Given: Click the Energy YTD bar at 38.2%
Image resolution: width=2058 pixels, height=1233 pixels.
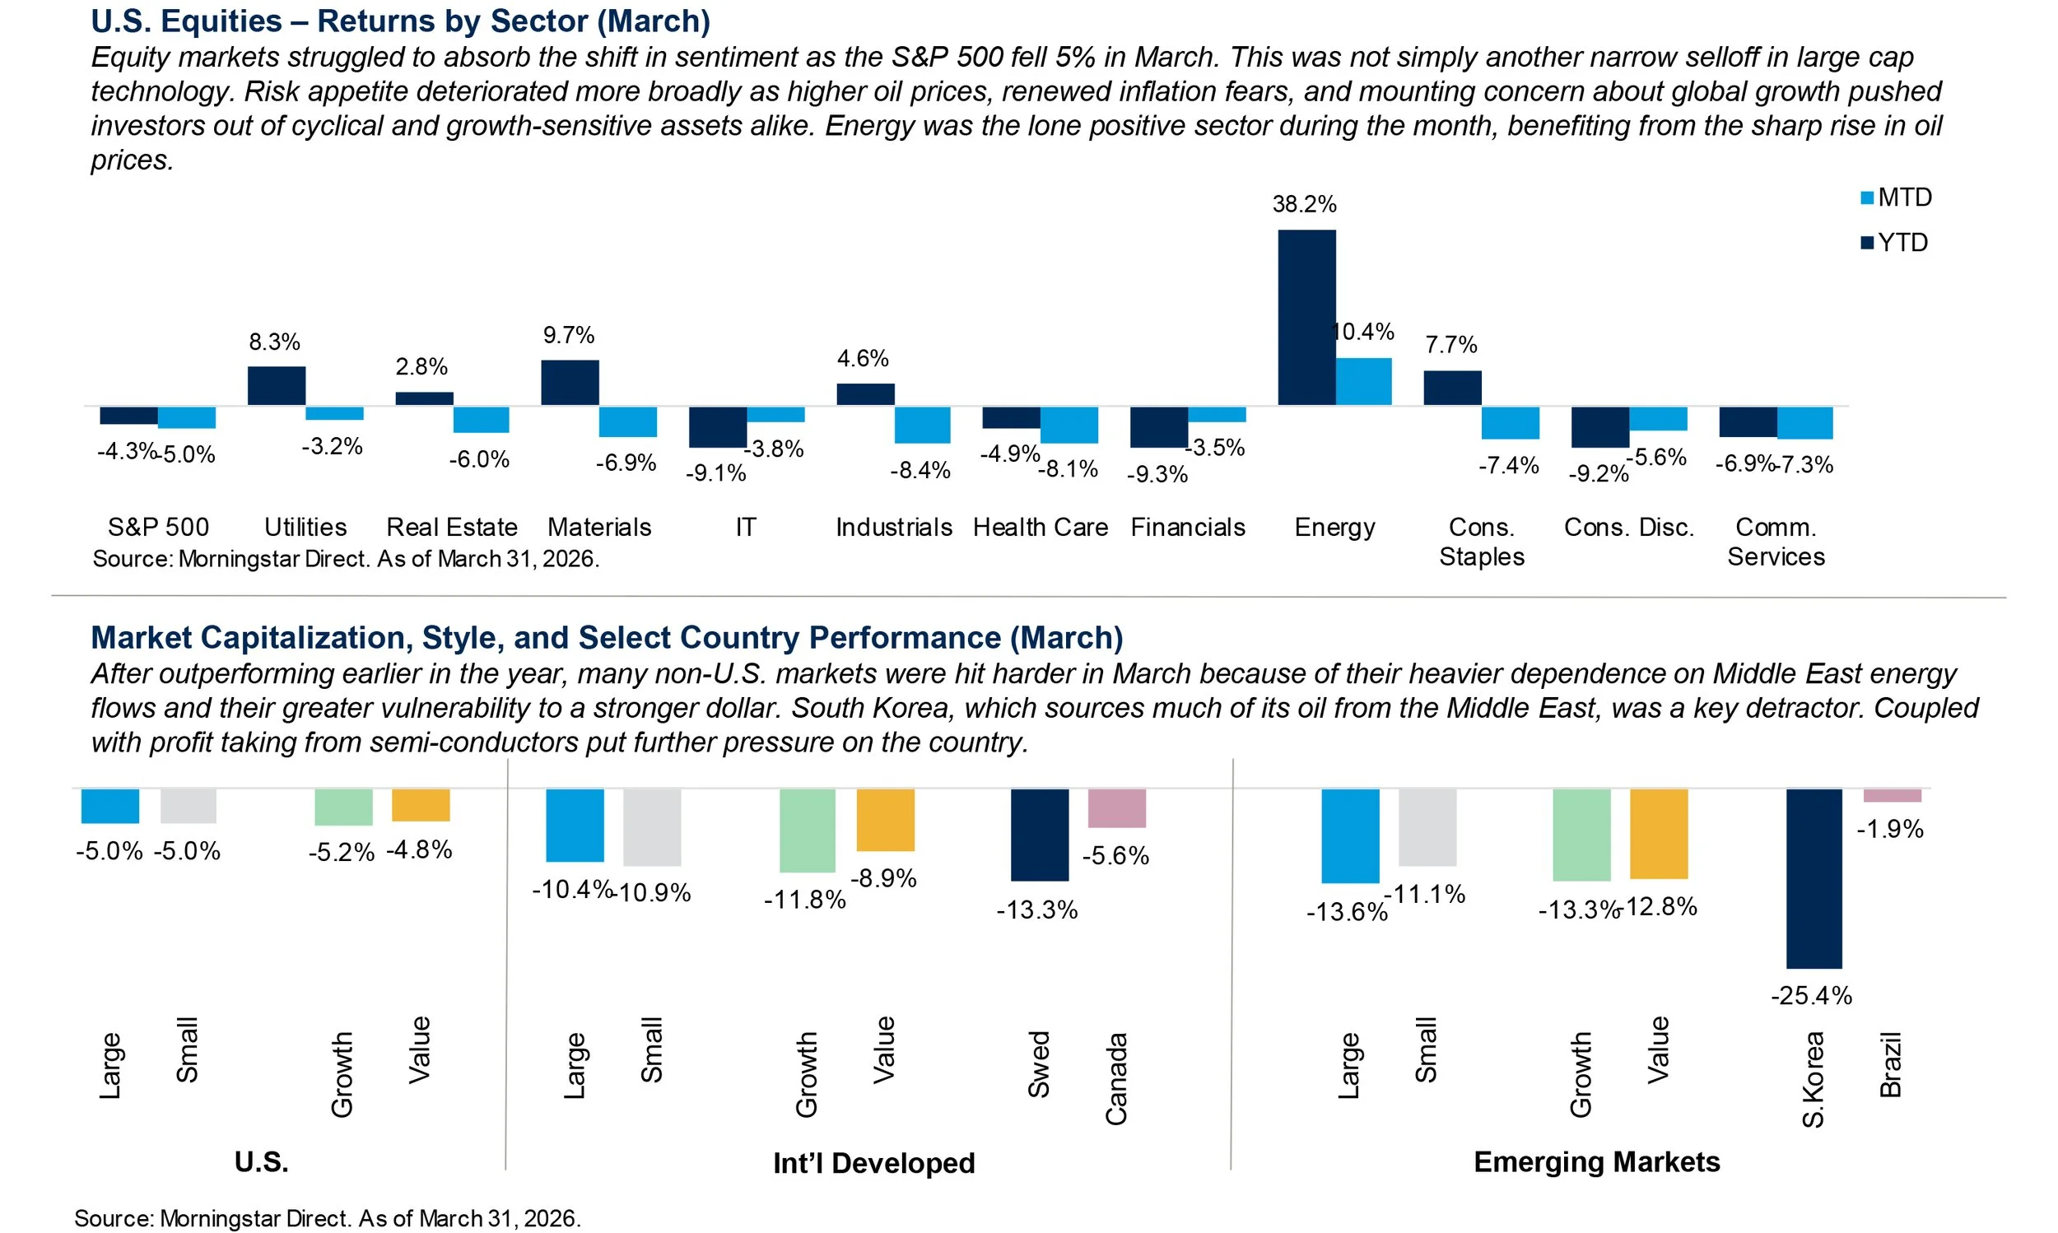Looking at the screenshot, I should pos(1306,318).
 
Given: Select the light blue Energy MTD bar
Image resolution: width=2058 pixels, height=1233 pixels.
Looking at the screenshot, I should pos(1363,381).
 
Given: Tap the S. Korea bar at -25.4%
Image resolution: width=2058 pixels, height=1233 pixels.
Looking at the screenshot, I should pos(1814,878).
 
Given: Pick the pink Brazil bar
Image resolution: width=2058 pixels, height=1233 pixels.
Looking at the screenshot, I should pos(1892,795).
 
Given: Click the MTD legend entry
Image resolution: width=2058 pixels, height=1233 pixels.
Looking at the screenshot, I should pos(1896,198).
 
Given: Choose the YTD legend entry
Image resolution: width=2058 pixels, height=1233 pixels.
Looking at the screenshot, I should pos(1896,243).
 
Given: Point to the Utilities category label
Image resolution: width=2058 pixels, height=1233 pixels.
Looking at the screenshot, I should pos(305,527).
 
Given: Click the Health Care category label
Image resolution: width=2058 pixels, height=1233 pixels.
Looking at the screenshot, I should pos(1041,527).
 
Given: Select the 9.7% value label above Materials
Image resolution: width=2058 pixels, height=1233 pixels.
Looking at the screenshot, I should pos(568,335).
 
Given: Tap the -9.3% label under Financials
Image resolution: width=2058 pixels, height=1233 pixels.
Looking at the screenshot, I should pos(1157,474).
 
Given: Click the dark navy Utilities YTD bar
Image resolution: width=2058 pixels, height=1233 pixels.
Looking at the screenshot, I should pos(276,386).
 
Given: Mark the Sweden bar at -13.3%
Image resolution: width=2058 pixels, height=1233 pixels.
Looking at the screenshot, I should pos(1040,834).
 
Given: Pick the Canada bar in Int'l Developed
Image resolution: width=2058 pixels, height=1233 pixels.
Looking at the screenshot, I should pos(1116,807).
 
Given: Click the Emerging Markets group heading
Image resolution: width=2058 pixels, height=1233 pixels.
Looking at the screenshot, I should pos(1596,1161).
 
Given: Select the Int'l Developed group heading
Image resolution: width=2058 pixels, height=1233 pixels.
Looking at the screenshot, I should pos(873,1162).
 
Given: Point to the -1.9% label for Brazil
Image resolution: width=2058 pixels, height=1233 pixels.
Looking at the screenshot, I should pos(1889,828).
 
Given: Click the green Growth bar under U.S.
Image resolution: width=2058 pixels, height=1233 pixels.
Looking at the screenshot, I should pos(343,807).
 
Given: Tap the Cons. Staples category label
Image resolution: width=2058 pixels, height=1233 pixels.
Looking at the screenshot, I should pos(1482,542).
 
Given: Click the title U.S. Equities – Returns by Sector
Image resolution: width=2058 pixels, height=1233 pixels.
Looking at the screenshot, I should pos(400,21).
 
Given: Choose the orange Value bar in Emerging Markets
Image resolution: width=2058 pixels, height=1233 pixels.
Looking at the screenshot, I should pos(1659,833).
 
